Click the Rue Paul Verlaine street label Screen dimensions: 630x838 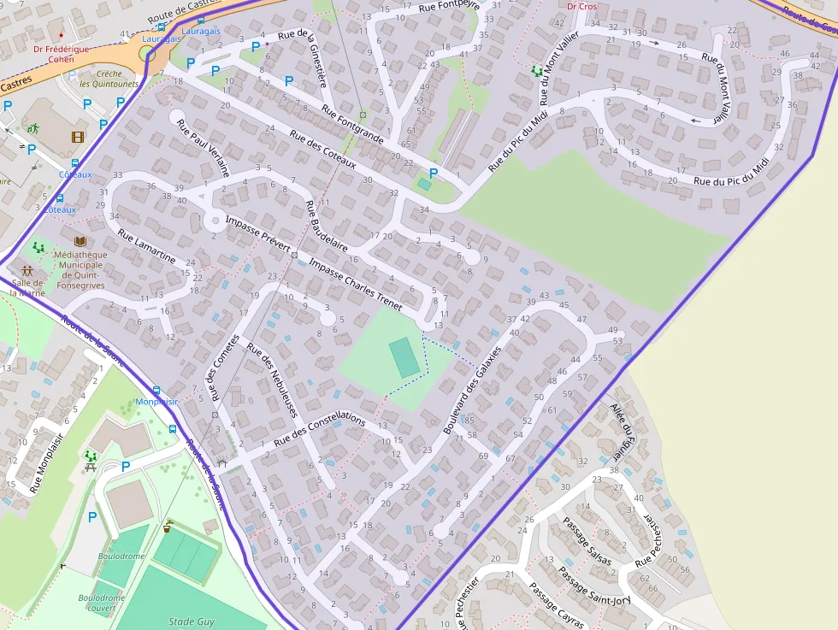204,147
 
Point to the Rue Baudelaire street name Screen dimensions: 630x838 328,230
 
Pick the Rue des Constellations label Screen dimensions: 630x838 320,433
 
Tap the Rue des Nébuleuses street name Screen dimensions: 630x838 272,380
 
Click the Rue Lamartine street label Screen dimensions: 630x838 147,247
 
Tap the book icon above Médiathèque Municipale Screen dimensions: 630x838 80,242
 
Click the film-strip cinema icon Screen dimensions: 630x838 78,137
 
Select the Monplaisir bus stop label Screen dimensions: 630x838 156,402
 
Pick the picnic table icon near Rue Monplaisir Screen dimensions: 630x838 91,458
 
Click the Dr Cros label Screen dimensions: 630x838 582,6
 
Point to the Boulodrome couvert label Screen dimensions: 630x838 102,603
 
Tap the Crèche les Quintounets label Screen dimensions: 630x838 109,79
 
